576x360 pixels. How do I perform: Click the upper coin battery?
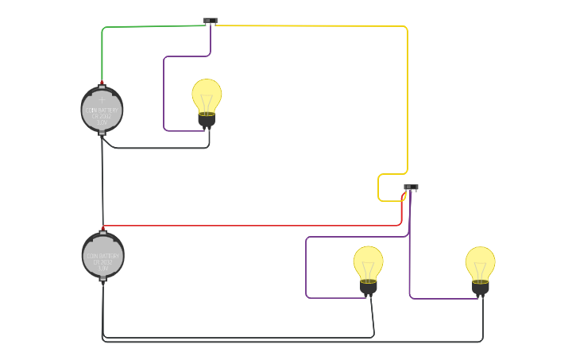pyautogui.click(x=102, y=110)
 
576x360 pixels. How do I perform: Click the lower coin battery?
pyautogui.click(x=103, y=255)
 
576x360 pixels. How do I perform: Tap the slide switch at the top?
pyautogui.click(x=210, y=21)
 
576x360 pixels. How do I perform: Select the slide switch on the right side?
pyautogui.click(x=411, y=188)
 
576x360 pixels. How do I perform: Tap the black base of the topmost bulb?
pyautogui.click(x=207, y=120)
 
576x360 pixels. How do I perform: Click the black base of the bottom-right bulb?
pyautogui.click(x=480, y=287)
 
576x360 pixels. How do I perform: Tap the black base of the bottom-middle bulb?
pyautogui.click(x=368, y=286)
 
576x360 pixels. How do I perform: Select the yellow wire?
pyautogui.click(x=407, y=95)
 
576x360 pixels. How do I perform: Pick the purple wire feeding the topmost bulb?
pyautogui.click(x=164, y=95)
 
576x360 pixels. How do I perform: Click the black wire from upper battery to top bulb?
pyautogui.click(x=159, y=148)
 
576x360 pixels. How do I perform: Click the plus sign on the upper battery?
pyautogui.click(x=102, y=99)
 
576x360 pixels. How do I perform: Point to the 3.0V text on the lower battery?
pyautogui.click(x=103, y=269)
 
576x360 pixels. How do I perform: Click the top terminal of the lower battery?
pyautogui.click(x=102, y=232)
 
